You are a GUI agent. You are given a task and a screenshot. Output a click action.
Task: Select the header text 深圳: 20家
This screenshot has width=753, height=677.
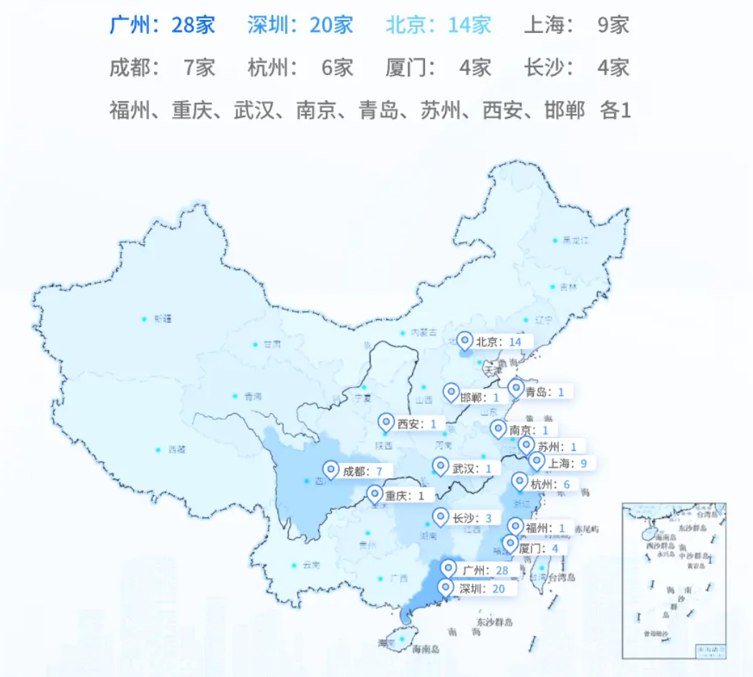(300, 26)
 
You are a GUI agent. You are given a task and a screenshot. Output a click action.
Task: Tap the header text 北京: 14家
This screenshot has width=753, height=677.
(438, 26)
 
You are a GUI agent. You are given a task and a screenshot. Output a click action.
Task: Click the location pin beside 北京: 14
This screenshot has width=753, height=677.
(466, 341)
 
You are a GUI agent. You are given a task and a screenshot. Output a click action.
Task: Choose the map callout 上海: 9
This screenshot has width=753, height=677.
(567, 463)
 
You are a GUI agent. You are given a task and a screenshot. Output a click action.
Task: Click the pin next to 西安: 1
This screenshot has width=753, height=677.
(387, 423)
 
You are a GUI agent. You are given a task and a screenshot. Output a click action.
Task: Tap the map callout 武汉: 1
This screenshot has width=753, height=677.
(472, 469)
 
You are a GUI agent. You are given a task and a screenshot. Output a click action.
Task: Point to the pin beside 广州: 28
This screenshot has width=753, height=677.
(449, 569)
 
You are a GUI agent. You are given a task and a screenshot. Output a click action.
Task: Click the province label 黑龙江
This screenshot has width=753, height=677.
(575, 240)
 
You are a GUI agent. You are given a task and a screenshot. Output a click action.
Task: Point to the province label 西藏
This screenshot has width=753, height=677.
(176, 450)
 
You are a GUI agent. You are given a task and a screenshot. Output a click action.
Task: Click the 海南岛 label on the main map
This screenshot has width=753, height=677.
(426, 649)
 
